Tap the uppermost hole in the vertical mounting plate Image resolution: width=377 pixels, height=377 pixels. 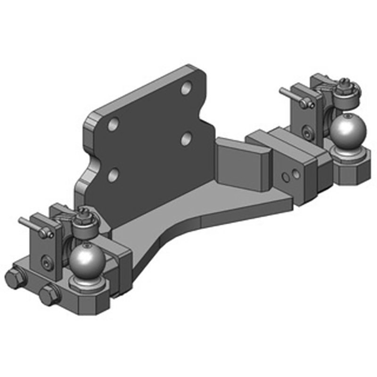[188, 88]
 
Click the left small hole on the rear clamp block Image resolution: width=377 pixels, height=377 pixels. [285, 177]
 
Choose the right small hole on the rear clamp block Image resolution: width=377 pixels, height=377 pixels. [295, 174]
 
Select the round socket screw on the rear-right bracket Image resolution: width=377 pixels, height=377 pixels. [308, 134]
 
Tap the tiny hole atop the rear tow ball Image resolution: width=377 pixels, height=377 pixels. [347, 116]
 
